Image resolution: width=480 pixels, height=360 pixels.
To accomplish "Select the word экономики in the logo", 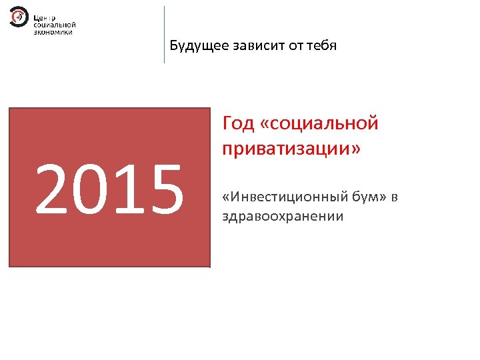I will [53, 31].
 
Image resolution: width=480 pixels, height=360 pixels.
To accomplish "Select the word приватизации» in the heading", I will [291, 148].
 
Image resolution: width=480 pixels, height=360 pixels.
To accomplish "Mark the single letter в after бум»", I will [395, 198].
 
